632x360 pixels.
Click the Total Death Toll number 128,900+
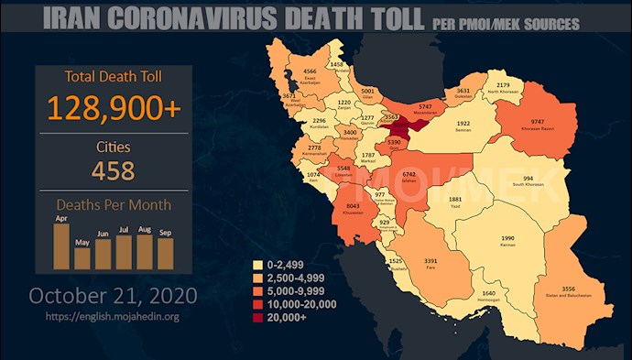[x=115, y=108]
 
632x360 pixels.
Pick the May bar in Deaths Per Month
[x=82, y=256]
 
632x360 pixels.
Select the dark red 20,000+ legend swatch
[x=257, y=317]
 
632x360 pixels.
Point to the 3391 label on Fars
[x=430, y=261]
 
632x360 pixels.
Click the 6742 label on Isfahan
[x=409, y=173]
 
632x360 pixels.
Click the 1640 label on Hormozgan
[x=488, y=294]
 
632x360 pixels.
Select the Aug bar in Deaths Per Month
[x=144, y=250]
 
